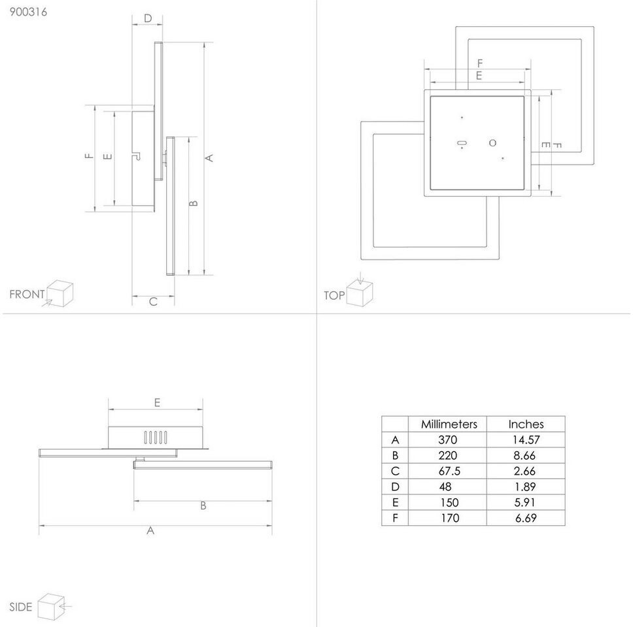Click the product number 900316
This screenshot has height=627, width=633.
pos(28,12)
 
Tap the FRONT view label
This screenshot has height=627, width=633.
pos(27,295)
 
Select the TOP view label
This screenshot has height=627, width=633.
pos(334,296)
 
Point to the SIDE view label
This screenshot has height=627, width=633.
pos(20,607)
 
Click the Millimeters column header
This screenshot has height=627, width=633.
pos(449,424)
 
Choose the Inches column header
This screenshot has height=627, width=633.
pos(526,424)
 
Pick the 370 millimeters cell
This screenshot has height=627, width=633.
pos(448,440)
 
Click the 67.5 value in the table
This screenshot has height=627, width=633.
pos(449,472)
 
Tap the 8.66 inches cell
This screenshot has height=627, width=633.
pos(524,456)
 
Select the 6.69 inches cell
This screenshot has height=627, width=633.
pos(526,518)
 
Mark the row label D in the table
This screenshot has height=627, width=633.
pos(395,487)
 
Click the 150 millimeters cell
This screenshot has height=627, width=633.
pos(449,503)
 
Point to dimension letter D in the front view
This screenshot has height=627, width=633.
pos(148,18)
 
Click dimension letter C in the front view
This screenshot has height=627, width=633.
pos(154,302)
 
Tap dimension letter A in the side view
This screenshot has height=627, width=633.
pos(150,530)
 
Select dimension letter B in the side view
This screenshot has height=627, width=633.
pos(203,506)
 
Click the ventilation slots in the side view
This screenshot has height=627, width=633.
pos(156,438)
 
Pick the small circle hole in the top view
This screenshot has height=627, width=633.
pos(492,143)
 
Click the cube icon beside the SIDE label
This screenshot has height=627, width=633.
pos(51,607)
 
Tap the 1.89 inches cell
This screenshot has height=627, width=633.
pos(525,487)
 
